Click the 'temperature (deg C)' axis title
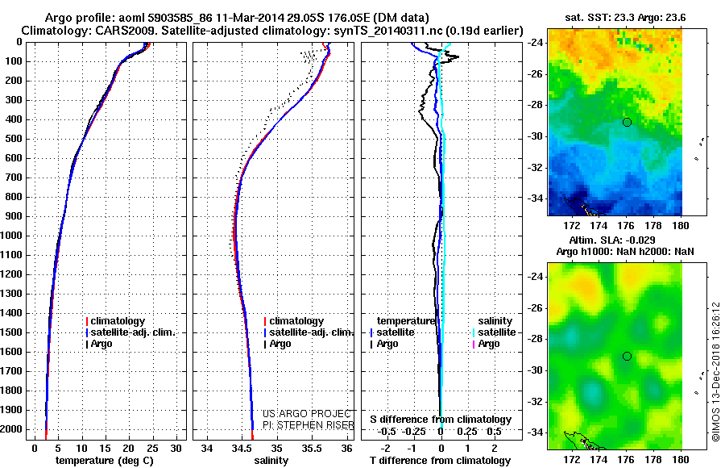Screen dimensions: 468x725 (104, 460)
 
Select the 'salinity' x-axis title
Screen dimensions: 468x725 (270, 460)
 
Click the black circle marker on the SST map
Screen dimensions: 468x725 (627, 122)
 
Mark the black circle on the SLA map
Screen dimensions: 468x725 (627, 356)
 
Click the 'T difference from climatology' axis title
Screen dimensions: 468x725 (441, 460)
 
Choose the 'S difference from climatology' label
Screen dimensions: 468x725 (441, 420)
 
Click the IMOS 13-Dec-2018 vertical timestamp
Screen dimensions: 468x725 (715, 371)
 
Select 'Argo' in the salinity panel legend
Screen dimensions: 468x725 (280, 344)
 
